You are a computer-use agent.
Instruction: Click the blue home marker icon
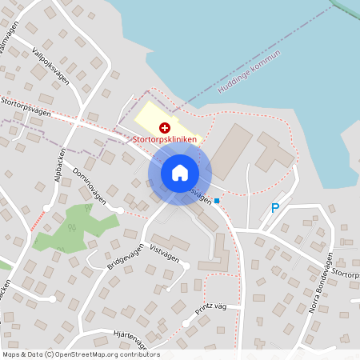179,173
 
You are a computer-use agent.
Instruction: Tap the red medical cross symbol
165,127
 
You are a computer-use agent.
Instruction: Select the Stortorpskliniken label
166,139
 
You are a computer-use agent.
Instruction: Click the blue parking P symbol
275,208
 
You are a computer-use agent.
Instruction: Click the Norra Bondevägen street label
319,284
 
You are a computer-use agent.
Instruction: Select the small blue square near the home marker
217,201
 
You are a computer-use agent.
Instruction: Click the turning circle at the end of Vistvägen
185,266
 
